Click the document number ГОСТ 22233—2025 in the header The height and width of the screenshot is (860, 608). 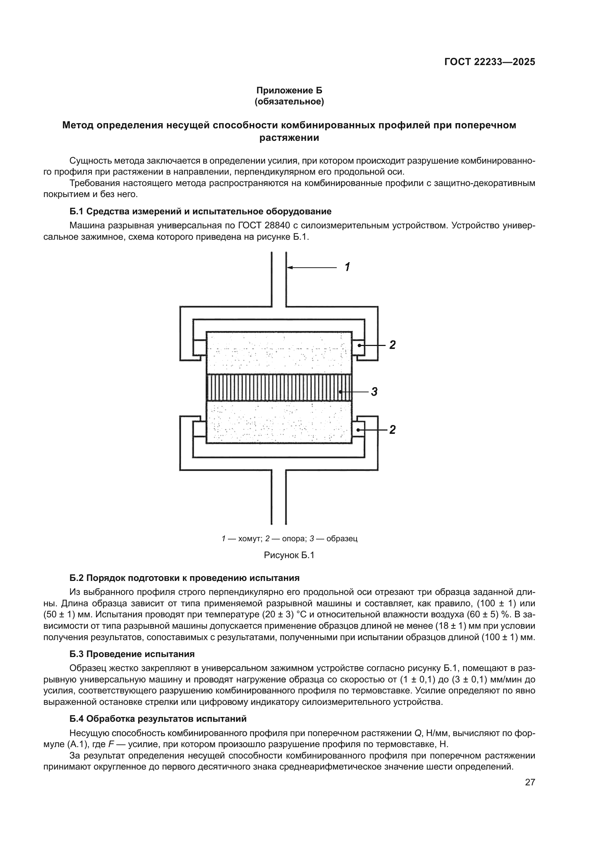(489, 62)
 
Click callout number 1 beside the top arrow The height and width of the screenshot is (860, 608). (347, 267)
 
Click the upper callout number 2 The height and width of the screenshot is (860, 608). (392, 345)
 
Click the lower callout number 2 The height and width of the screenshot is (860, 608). (392, 429)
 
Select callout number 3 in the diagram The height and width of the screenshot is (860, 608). (373, 392)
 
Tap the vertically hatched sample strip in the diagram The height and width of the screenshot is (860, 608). (279, 388)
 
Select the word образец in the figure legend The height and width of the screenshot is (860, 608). (342, 539)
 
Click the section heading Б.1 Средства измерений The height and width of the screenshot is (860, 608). (200, 211)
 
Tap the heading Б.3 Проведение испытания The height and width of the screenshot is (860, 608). (132, 654)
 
